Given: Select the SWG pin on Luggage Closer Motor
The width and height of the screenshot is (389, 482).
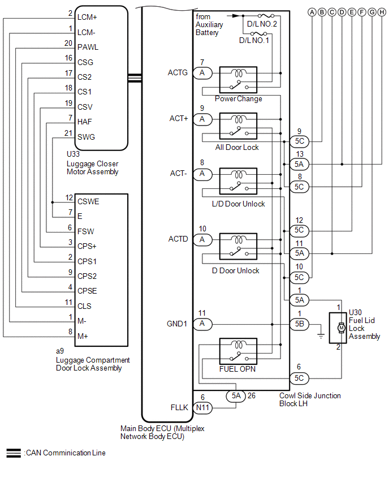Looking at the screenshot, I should click(x=86, y=137).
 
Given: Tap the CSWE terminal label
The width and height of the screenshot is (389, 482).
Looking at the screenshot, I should click(x=88, y=201).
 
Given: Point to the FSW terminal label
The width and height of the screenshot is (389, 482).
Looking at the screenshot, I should click(x=86, y=231).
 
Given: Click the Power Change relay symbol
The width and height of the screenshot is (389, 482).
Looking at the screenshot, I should click(x=238, y=80).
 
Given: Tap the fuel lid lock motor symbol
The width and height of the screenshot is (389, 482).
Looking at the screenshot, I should click(x=340, y=328).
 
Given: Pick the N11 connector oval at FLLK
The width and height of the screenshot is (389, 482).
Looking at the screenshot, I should click(x=202, y=407).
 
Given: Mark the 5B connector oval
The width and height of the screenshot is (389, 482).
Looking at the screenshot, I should click(x=299, y=324).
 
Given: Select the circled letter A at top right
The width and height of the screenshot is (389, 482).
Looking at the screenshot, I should click(x=312, y=12).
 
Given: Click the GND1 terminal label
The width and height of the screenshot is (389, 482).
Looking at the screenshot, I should click(x=178, y=324).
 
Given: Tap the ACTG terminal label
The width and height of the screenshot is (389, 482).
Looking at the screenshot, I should click(x=178, y=72).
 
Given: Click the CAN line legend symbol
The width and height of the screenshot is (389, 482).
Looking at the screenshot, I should click(x=14, y=453).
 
